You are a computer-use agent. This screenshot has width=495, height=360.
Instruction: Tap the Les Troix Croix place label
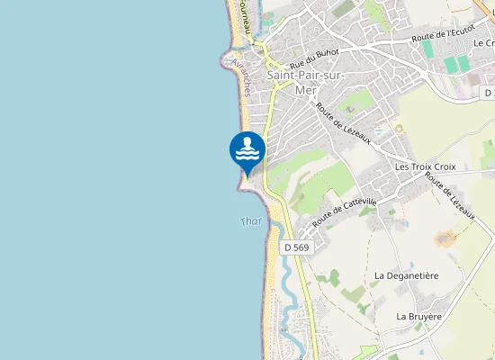click(426, 167)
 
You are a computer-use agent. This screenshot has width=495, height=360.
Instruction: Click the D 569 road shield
click(297, 247)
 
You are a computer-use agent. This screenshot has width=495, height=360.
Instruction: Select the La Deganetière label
click(405, 274)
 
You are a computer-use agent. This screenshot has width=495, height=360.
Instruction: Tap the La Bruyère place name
click(419, 317)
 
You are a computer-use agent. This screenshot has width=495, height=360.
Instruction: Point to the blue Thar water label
click(252, 222)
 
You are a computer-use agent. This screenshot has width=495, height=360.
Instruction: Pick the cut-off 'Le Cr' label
click(483, 42)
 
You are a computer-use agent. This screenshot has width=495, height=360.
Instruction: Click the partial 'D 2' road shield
click(488, 93)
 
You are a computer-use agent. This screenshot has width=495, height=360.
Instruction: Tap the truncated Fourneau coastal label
click(243, 16)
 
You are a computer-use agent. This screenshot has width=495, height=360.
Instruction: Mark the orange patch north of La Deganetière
click(445, 238)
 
